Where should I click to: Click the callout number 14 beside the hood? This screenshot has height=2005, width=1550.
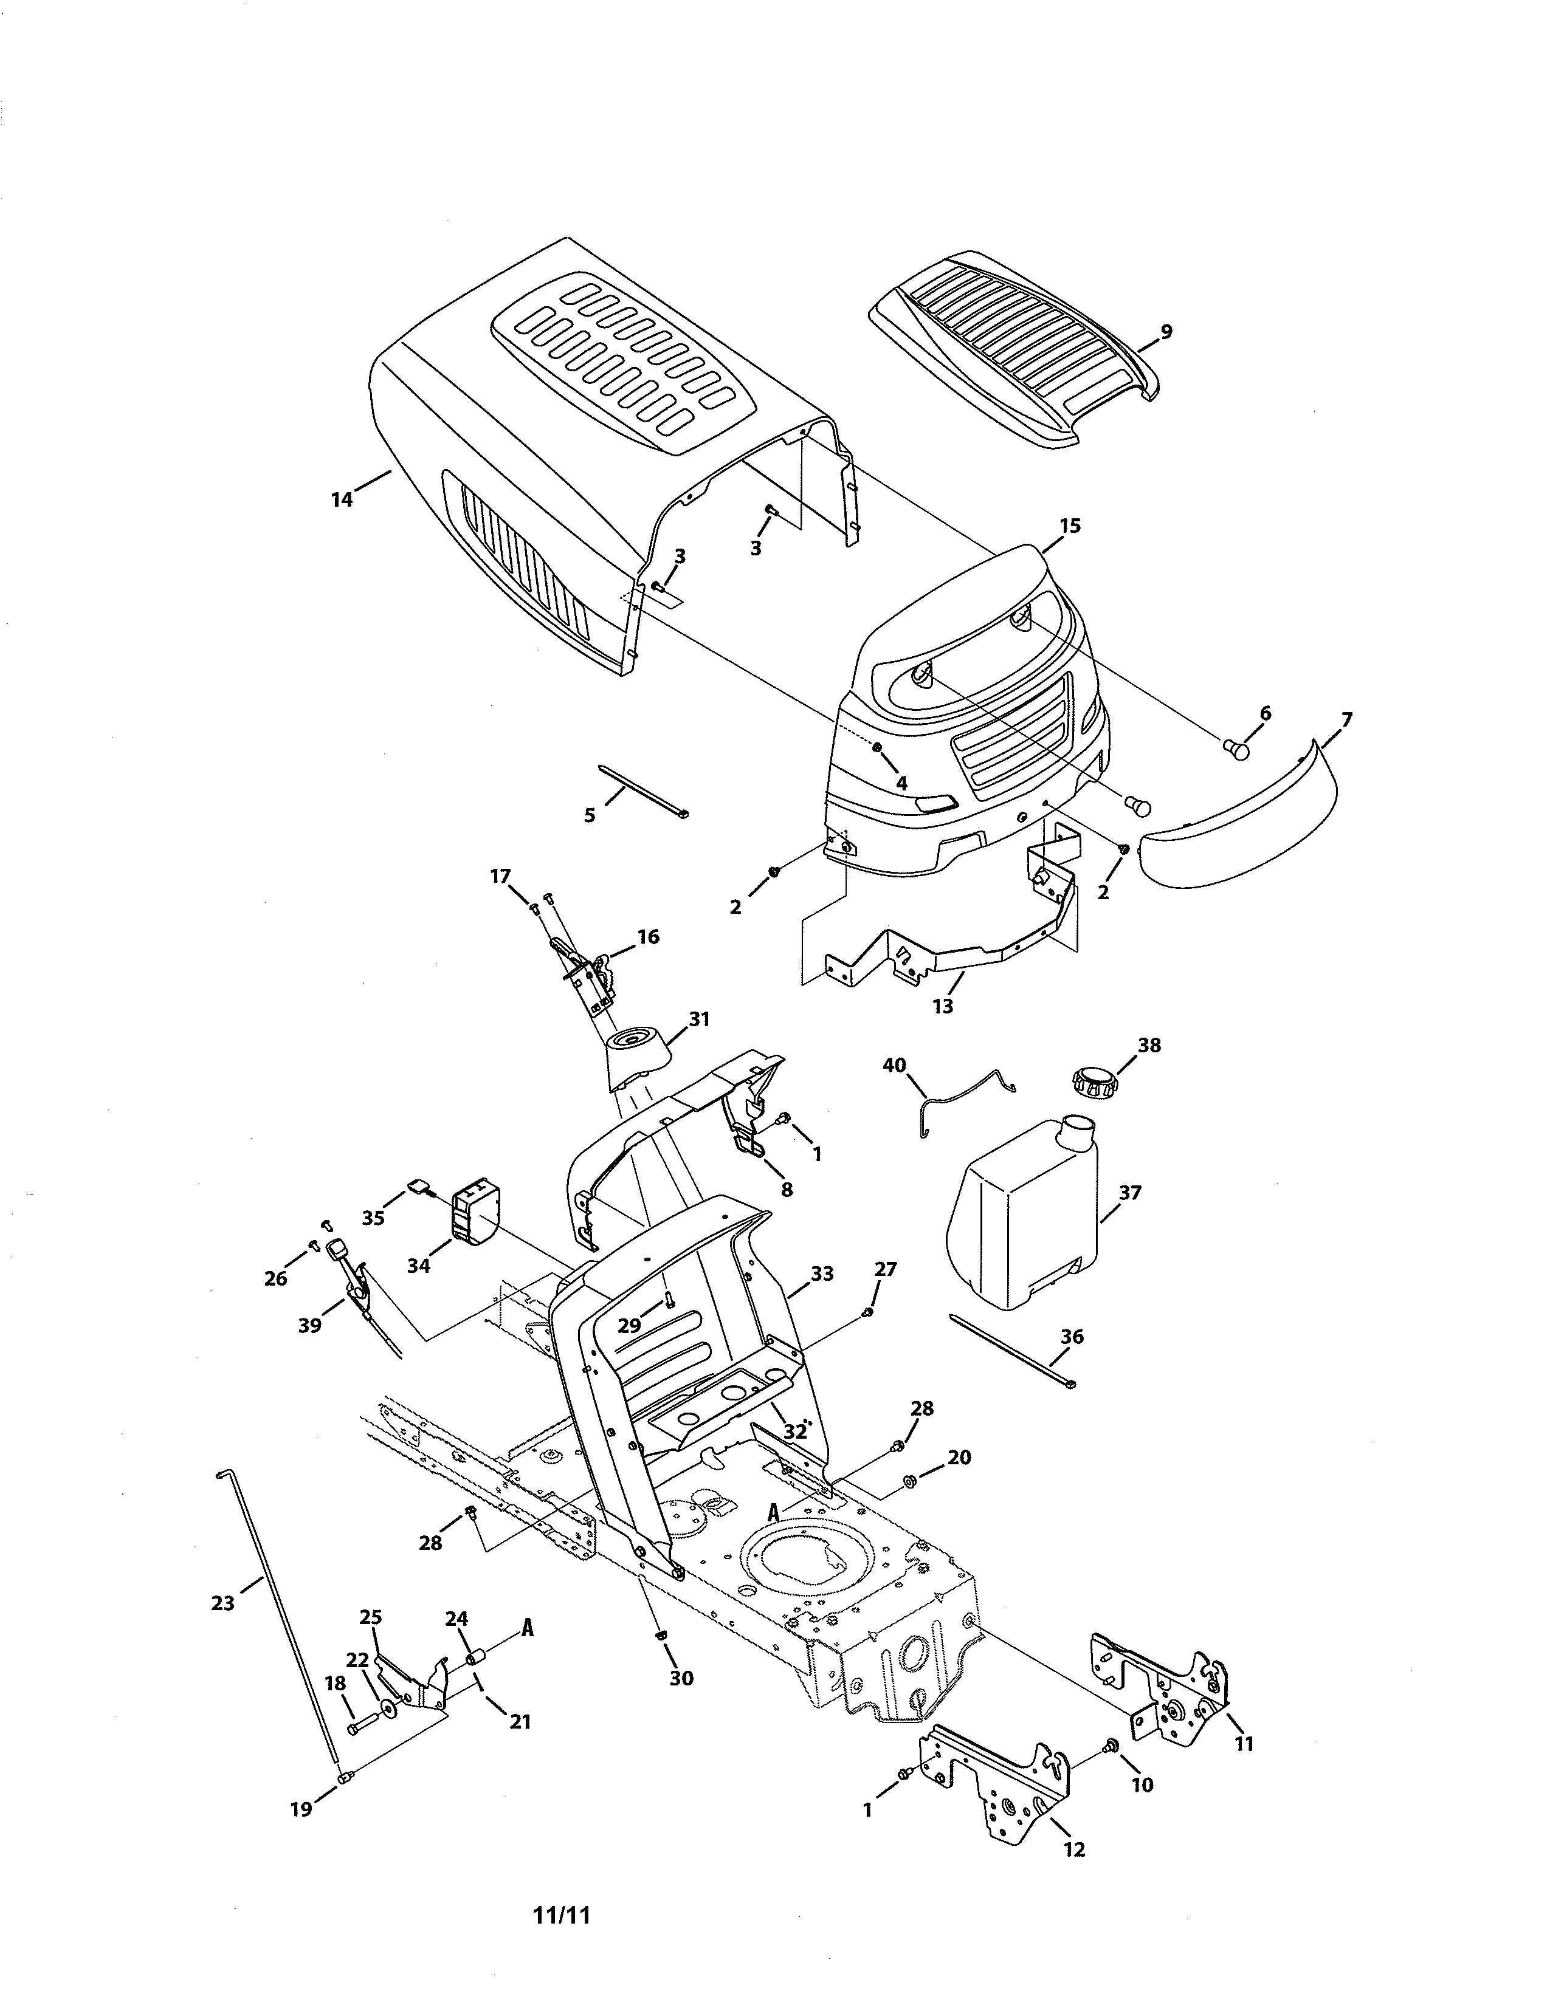(x=342, y=499)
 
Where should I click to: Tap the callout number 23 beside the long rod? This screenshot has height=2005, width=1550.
(x=223, y=1603)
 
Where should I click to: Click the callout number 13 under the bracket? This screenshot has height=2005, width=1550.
(x=943, y=1006)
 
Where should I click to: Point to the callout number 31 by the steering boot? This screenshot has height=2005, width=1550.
(x=700, y=1018)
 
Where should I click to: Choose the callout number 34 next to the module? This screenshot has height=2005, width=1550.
(x=419, y=1266)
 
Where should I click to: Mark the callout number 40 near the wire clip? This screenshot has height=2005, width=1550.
(x=894, y=1065)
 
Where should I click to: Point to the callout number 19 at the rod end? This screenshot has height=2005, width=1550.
(x=301, y=1809)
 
